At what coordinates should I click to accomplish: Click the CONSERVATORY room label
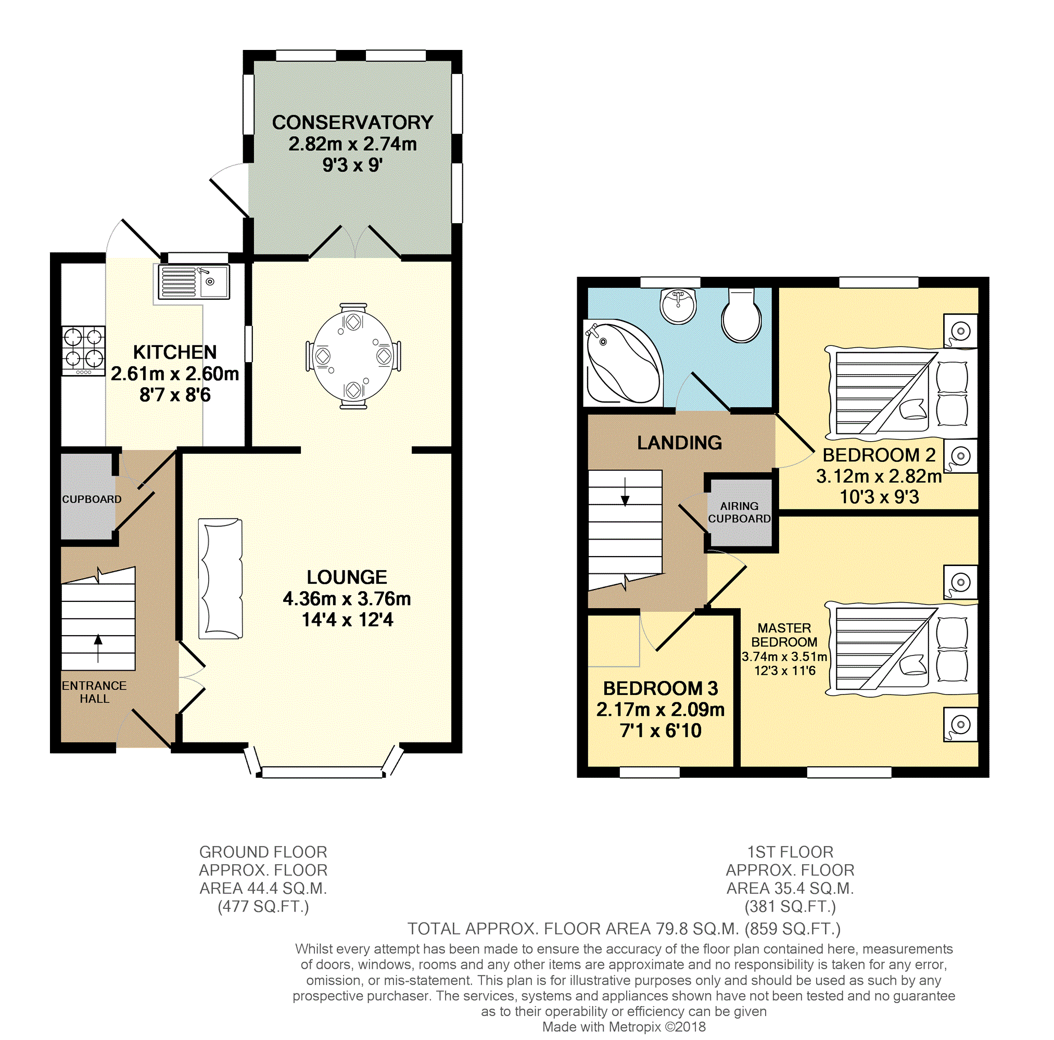[352, 122]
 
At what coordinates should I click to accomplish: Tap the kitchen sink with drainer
[194, 281]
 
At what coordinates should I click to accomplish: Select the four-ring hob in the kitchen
[83, 351]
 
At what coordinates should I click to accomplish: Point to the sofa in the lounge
[220, 578]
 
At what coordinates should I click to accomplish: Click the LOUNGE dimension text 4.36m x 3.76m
[347, 598]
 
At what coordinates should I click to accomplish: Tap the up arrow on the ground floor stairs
[98, 648]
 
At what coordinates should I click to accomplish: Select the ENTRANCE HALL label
[94, 691]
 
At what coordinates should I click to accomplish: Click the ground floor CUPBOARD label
[92, 499]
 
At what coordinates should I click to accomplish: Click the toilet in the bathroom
[741, 315]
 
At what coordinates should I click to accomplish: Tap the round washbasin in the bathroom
[678, 305]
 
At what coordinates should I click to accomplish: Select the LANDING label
[679, 442]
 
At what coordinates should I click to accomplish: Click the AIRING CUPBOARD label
[739, 512]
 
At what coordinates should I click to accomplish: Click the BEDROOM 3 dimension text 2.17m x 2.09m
[660, 709]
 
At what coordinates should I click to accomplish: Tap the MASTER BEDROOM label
[784, 635]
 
